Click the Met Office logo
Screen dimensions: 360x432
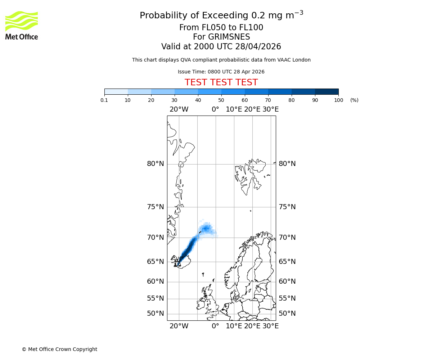click(22, 25)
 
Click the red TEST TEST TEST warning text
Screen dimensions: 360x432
click(221, 83)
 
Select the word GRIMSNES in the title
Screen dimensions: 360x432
click(221, 37)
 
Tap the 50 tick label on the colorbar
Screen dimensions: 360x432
click(221, 100)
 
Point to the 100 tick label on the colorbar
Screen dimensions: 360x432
click(338, 100)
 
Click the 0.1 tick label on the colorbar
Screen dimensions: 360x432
click(104, 100)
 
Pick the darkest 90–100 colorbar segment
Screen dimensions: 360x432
click(327, 91)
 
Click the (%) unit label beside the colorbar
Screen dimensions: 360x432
click(354, 100)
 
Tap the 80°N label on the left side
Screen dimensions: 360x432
click(155, 164)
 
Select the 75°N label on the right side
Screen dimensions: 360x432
click(287, 207)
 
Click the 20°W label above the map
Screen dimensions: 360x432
click(179, 109)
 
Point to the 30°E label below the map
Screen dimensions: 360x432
click(270, 326)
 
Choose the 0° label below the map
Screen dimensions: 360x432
click(215, 326)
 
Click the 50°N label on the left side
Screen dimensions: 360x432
click(155, 314)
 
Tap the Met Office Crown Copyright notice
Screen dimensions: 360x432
click(59, 349)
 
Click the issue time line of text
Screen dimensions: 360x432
click(221, 72)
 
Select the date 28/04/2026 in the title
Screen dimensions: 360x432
click(258, 47)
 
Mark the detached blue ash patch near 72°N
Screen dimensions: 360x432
click(206, 229)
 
